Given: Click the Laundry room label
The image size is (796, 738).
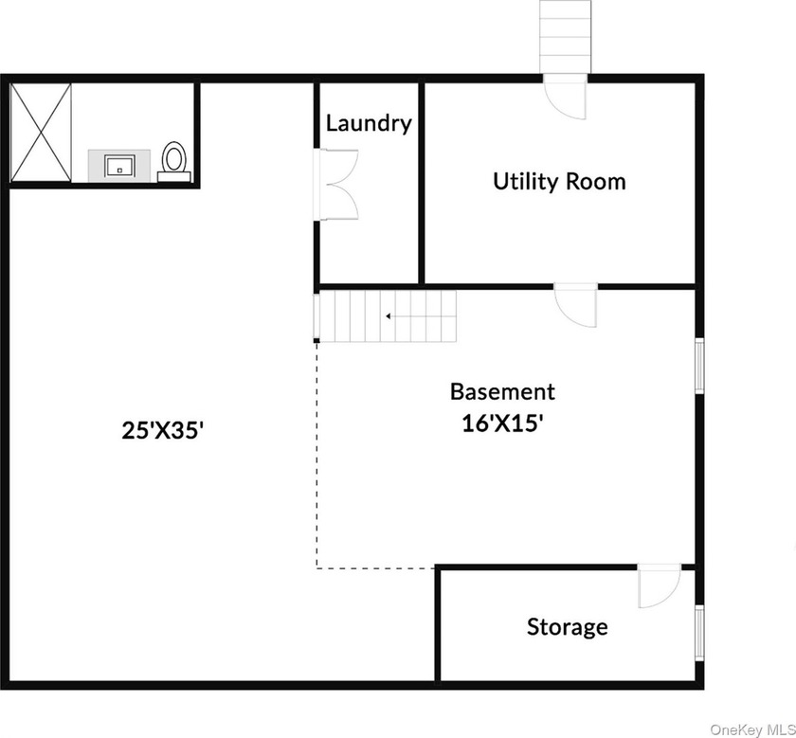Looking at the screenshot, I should tap(369, 123).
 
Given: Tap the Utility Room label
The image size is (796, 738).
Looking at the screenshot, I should tap(559, 181).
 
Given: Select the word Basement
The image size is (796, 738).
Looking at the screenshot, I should tap(502, 391).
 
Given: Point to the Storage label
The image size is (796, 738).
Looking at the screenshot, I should tap(568, 626).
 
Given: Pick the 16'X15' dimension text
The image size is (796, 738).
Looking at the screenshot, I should tap(501, 423).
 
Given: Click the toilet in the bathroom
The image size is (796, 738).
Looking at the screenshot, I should tap(173, 160).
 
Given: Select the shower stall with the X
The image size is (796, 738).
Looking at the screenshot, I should tap(41, 132).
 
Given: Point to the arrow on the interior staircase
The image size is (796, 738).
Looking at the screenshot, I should tap(389, 316).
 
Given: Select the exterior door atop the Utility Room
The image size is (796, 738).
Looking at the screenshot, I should tap(565, 96).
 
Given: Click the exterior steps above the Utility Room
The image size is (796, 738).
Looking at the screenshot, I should tap(566, 35).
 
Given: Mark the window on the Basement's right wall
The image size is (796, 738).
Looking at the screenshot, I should tap(699, 365).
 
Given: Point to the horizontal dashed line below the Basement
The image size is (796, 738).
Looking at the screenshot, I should tap(375, 568).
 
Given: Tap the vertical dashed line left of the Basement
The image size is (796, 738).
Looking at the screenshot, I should tap(317, 455).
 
